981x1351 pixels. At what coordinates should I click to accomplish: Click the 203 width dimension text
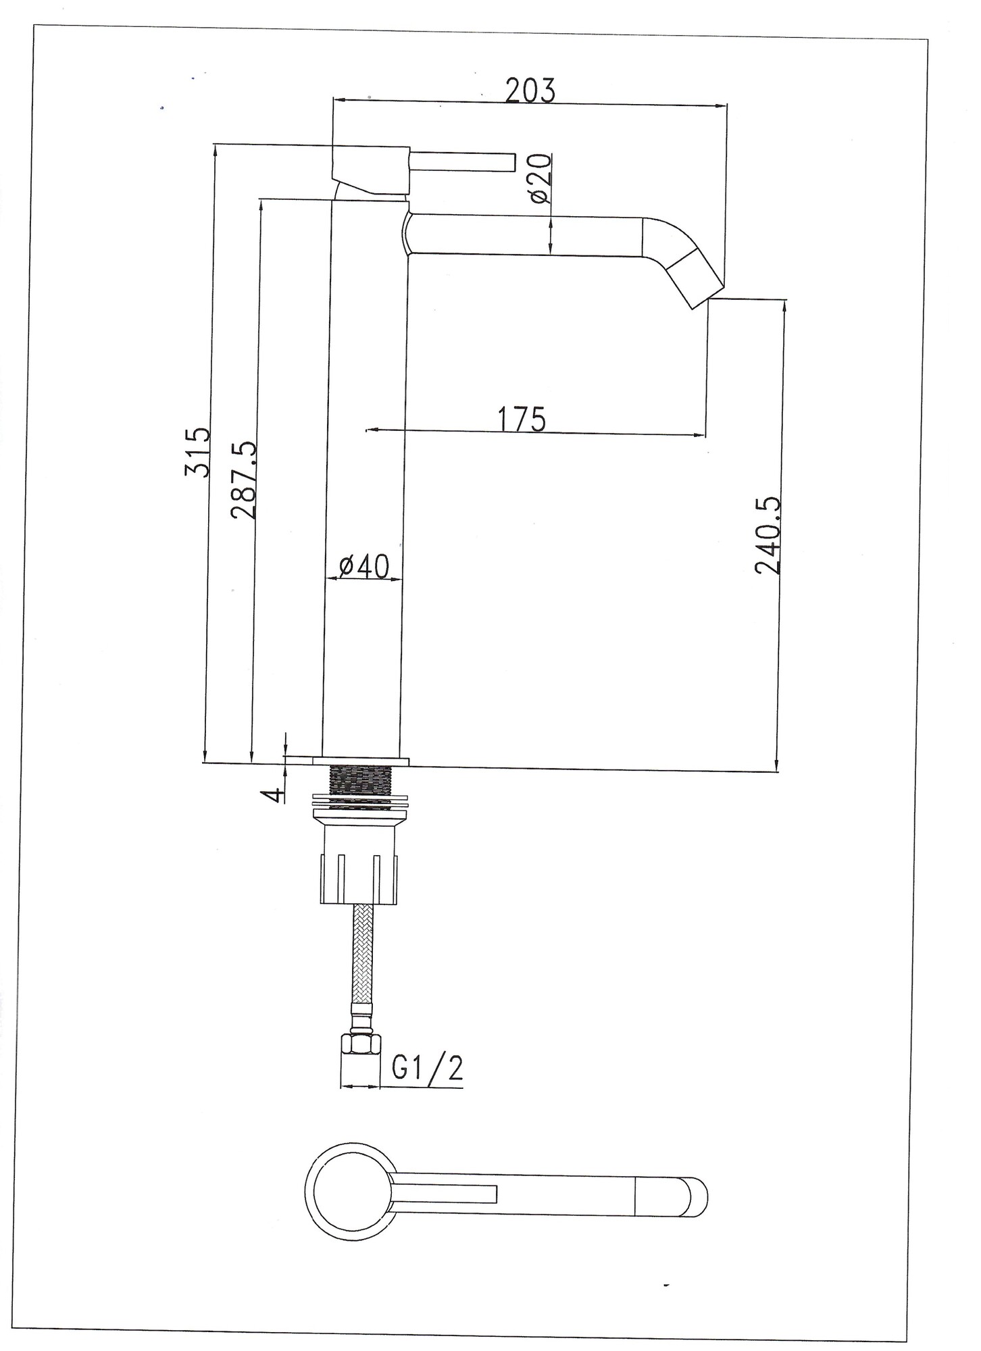point(530,91)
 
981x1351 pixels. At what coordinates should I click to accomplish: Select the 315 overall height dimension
point(197,452)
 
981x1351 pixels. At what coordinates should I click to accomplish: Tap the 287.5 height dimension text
point(243,480)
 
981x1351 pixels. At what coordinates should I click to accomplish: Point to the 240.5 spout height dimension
point(768,536)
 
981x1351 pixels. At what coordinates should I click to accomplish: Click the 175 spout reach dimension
point(522,419)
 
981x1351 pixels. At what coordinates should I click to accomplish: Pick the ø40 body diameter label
point(364,566)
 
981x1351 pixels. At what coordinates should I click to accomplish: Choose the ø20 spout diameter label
point(540,179)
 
